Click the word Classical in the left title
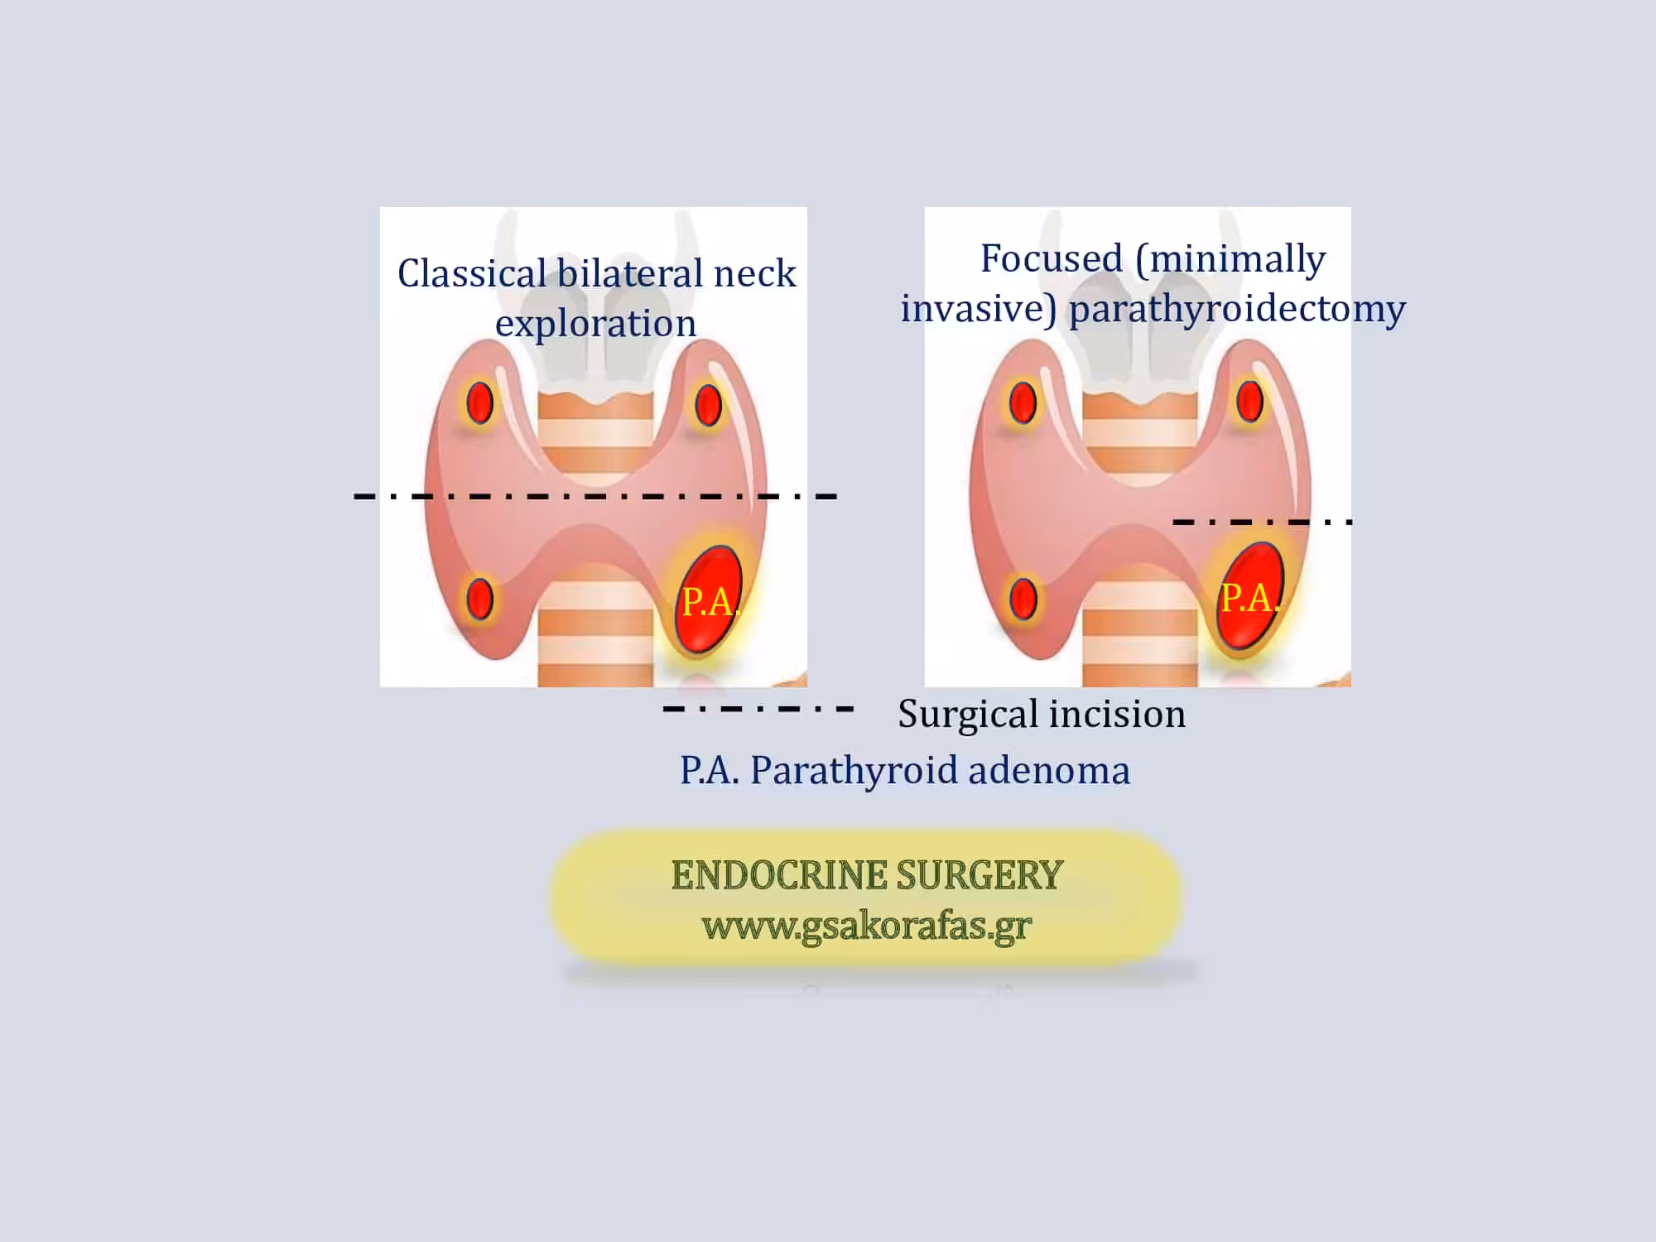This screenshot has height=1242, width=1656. pos(472,272)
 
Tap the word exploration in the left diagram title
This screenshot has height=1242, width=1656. pos(595,324)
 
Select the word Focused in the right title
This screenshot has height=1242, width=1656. pos(1051,258)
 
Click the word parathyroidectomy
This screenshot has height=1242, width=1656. pos(1237,310)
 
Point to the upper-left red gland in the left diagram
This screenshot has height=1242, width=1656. pos(479,403)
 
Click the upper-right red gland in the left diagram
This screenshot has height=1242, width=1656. pos(708,405)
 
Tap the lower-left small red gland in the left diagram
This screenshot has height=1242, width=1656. pos(479,599)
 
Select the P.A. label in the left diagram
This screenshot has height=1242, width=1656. pos(710,603)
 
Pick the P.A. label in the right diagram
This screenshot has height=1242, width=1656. pos(1250,598)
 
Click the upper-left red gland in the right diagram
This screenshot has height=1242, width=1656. pos(1023,402)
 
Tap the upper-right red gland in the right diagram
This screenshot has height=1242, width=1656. pos(1249,402)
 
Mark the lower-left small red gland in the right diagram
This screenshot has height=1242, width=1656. pos(1023,598)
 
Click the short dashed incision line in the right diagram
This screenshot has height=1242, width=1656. pos(1263,522)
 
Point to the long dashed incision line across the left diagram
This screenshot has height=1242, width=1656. pos(595,496)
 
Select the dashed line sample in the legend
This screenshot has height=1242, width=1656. pos(758,709)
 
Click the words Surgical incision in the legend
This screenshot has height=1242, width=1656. pos(1042,714)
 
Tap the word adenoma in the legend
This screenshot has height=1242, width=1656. pos(1049,770)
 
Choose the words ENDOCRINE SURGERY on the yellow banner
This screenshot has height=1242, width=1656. pos(867,875)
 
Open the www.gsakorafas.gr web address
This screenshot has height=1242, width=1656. pos(867,927)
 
